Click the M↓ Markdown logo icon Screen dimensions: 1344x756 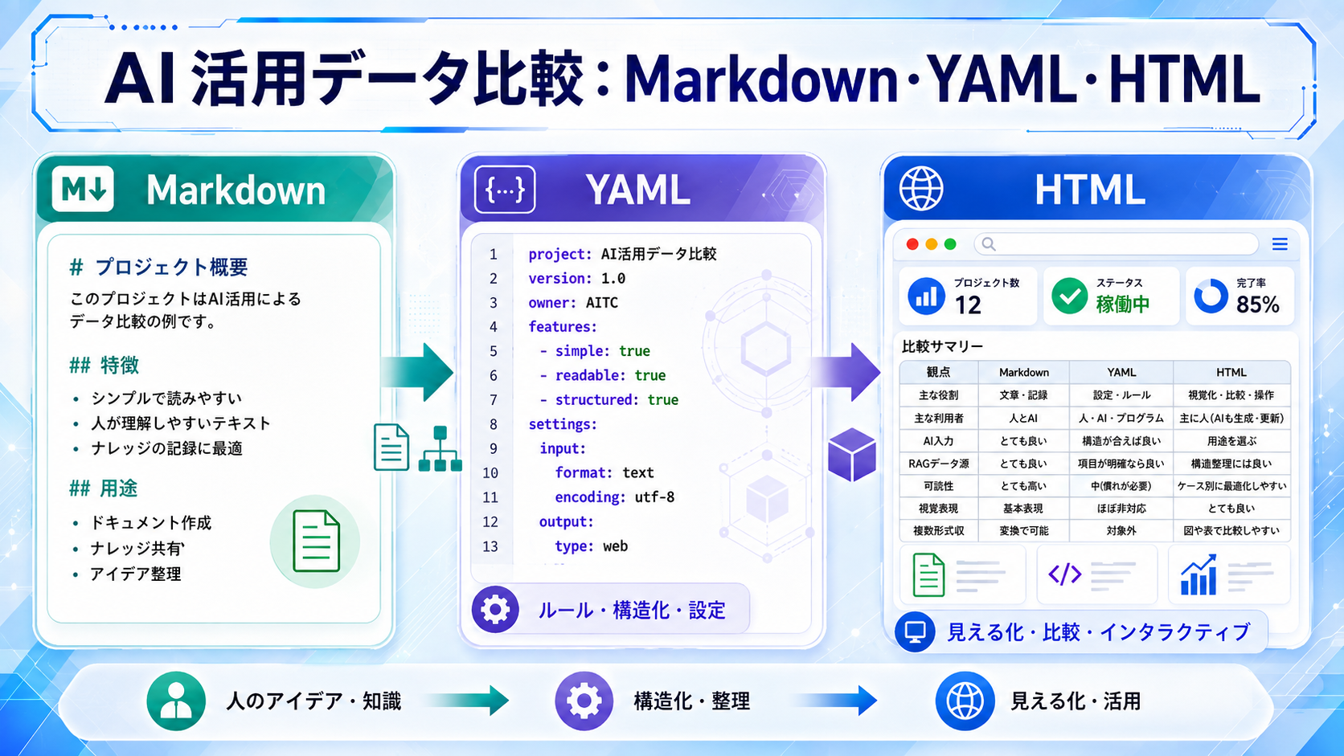tap(83, 189)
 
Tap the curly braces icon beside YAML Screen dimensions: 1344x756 tap(505, 190)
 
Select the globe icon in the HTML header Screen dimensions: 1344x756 tap(921, 188)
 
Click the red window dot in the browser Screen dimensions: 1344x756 tap(912, 244)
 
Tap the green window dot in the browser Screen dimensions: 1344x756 tap(950, 244)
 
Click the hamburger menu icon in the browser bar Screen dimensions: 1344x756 tap(1280, 244)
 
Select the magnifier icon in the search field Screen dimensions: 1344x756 tap(989, 244)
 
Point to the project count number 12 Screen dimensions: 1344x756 tap(968, 305)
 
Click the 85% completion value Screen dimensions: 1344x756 tap(1258, 304)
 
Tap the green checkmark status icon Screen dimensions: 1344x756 tap(1069, 296)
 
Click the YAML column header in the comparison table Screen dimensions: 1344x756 tap(1121, 372)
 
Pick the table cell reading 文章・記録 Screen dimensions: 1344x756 tap(1023, 395)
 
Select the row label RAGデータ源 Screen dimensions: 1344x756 tap(938, 464)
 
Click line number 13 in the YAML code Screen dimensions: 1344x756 tap(490, 546)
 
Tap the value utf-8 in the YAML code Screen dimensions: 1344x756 tap(654, 497)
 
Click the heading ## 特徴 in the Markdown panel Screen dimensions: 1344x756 tap(104, 365)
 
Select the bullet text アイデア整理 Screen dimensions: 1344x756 tap(136, 574)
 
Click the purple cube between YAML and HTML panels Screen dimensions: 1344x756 tap(852, 455)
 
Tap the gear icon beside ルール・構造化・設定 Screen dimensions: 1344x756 tap(495, 610)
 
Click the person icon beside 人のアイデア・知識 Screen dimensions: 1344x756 tap(176, 701)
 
